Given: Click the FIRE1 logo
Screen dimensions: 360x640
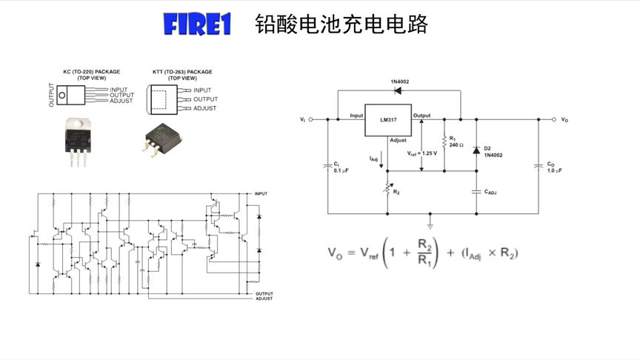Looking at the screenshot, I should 197,24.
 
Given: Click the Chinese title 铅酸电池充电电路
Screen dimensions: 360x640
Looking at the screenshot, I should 341,24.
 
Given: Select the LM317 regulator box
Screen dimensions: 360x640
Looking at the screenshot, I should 387,119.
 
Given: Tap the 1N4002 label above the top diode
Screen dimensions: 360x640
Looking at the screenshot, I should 400,81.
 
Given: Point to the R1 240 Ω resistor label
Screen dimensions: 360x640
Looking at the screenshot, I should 456,141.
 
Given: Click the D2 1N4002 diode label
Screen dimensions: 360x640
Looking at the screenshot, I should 493,152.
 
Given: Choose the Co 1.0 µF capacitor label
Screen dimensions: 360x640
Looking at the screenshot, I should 554,167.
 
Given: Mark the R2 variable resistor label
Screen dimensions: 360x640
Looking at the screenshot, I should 396,192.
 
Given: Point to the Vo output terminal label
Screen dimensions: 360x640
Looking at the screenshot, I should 564,119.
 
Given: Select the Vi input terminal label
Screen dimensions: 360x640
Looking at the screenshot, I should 302,119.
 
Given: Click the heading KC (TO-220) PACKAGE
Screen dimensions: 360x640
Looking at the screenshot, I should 91,72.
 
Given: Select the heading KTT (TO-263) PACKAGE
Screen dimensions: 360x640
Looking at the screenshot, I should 182,72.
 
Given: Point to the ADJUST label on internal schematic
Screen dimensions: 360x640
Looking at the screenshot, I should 264,299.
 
